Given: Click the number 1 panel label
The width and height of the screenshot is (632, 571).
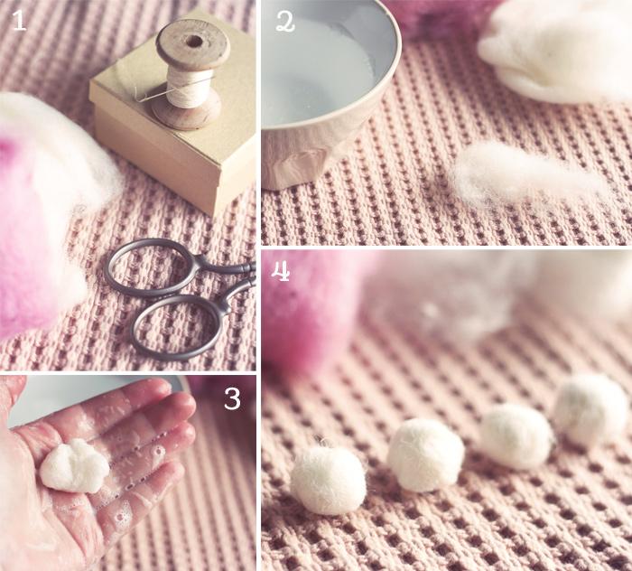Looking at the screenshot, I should [x=19, y=21].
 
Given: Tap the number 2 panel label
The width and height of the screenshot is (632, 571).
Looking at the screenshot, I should [x=284, y=21].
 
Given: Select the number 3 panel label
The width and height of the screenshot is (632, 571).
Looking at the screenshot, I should [x=233, y=398].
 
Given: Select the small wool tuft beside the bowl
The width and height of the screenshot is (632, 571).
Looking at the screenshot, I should [x=524, y=176].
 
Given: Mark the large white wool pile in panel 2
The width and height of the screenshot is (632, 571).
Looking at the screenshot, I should [x=560, y=50].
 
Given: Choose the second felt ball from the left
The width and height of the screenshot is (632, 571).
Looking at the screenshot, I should [x=425, y=454].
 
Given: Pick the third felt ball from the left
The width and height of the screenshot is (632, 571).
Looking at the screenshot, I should [x=516, y=435].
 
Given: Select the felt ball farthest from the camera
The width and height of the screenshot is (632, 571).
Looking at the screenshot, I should [x=590, y=410].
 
